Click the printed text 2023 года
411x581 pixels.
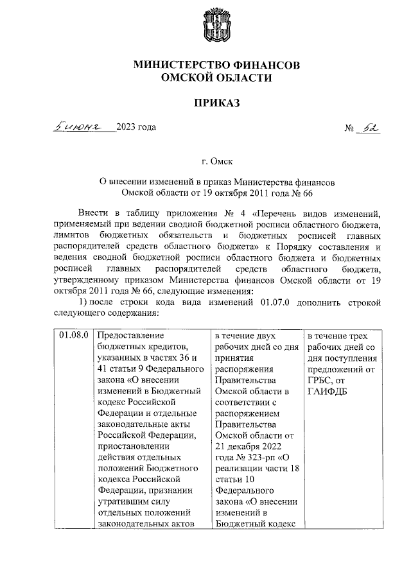[x=136, y=126]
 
